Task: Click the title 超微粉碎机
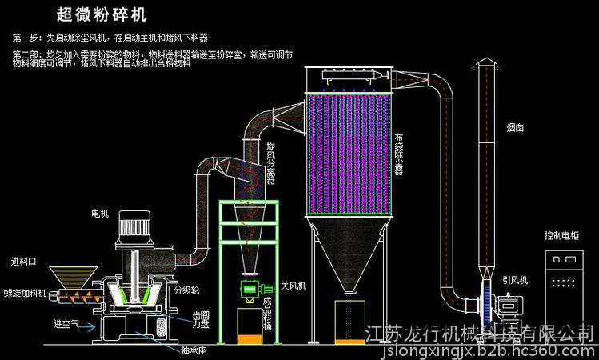coord(102,14)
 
